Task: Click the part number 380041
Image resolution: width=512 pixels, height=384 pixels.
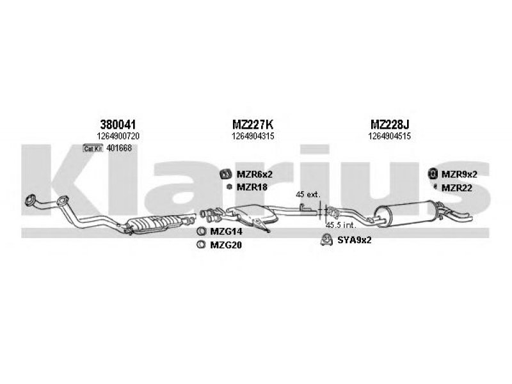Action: (x=118, y=125)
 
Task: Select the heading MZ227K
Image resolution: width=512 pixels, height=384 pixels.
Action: (x=253, y=125)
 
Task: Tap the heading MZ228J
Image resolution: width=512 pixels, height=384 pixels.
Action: (x=390, y=125)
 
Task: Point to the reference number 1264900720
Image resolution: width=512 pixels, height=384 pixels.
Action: (x=118, y=136)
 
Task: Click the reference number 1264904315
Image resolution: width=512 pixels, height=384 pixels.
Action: (x=253, y=136)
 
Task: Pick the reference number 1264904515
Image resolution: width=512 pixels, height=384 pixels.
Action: (x=390, y=136)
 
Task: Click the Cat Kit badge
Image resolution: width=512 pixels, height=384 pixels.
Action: (x=93, y=148)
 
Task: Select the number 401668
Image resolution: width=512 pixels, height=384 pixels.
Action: (x=119, y=148)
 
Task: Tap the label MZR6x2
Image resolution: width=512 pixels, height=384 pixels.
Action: (x=254, y=174)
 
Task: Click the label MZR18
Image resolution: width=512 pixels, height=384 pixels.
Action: (x=252, y=187)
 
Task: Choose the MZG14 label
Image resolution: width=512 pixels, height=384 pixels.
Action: (x=226, y=232)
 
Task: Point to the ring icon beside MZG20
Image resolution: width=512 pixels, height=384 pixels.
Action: (x=201, y=244)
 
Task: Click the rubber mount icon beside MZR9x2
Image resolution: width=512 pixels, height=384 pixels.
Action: (x=433, y=173)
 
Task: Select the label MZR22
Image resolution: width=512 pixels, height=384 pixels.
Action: (x=456, y=188)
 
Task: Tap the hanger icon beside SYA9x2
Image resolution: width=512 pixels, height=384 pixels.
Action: (x=326, y=240)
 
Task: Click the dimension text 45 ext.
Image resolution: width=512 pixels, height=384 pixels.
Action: (x=308, y=195)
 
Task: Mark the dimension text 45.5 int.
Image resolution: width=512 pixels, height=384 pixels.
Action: (x=340, y=225)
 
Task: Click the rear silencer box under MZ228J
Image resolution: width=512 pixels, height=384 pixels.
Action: (x=405, y=214)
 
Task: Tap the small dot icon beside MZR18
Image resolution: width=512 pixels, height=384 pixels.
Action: (x=230, y=187)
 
